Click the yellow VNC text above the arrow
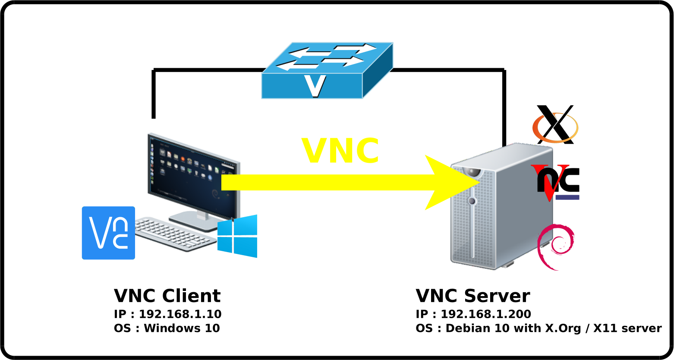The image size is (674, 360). (340, 151)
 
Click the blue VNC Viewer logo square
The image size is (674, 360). (108, 233)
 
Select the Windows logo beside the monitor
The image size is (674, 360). (237, 236)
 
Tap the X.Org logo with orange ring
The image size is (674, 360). (555, 125)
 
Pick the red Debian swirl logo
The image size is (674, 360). (556, 246)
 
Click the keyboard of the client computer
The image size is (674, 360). (175, 234)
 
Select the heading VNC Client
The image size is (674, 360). (167, 296)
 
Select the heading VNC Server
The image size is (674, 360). (472, 296)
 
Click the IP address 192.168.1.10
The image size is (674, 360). (180, 314)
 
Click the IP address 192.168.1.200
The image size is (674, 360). (485, 314)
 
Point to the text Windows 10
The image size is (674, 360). (182, 328)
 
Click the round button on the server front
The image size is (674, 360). (472, 201)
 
